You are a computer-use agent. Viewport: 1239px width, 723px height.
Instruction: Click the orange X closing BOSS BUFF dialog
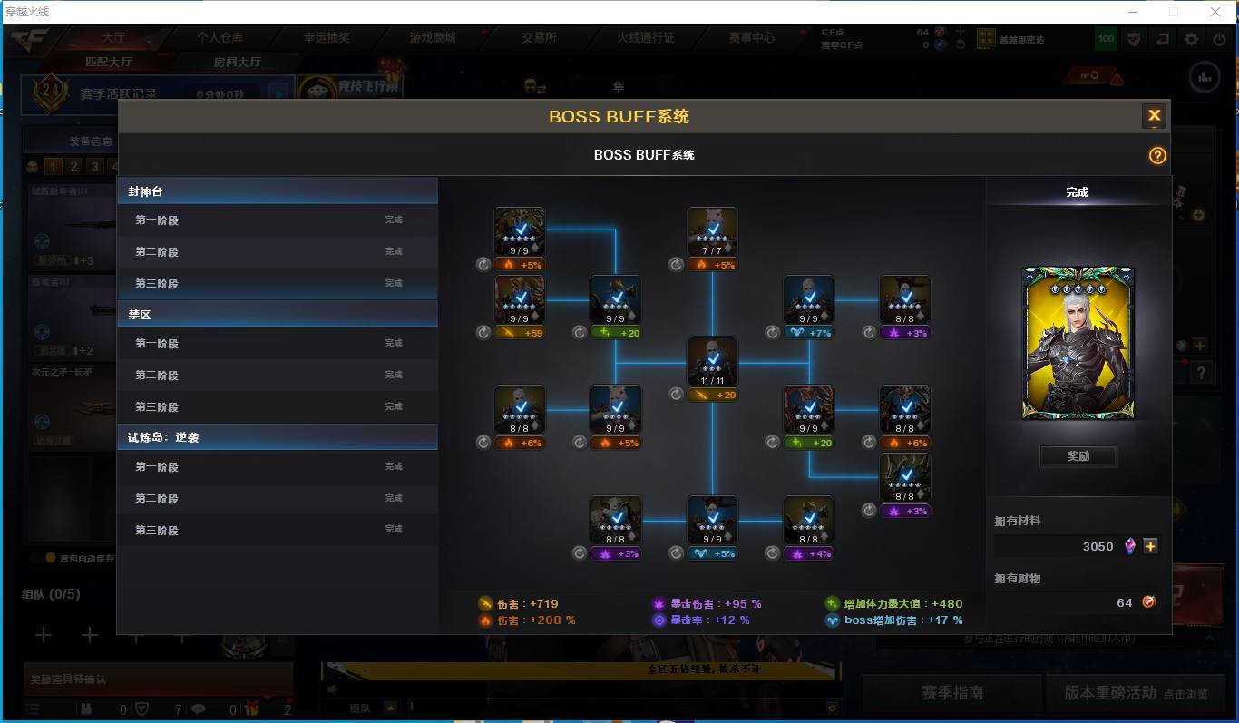click(x=1154, y=115)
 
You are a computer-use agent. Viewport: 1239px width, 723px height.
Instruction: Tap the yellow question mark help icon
click(x=1157, y=155)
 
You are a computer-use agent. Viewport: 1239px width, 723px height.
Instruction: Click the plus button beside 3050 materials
click(x=1150, y=546)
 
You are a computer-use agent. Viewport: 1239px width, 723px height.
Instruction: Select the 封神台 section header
click(x=277, y=191)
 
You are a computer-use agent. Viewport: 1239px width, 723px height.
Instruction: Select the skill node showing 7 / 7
click(x=712, y=232)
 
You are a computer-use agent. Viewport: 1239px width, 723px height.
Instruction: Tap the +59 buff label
click(x=520, y=333)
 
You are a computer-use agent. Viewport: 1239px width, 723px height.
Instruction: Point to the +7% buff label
click(x=808, y=333)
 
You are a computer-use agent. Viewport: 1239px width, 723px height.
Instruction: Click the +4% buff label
click(x=808, y=553)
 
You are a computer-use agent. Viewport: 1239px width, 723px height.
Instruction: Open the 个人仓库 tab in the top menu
click(x=220, y=38)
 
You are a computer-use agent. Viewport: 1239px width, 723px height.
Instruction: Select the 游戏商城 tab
click(x=433, y=38)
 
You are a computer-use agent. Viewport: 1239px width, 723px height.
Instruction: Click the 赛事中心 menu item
click(x=752, y=38)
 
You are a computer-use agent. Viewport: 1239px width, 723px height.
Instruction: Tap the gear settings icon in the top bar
click(x=1192, y=39)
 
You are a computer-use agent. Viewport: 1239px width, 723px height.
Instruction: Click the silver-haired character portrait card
click(x=1078, y=343)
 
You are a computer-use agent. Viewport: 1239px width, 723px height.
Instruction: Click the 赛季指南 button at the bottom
click(x=951, y=692)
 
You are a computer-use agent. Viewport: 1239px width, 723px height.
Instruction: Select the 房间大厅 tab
click(x=237, y=62)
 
